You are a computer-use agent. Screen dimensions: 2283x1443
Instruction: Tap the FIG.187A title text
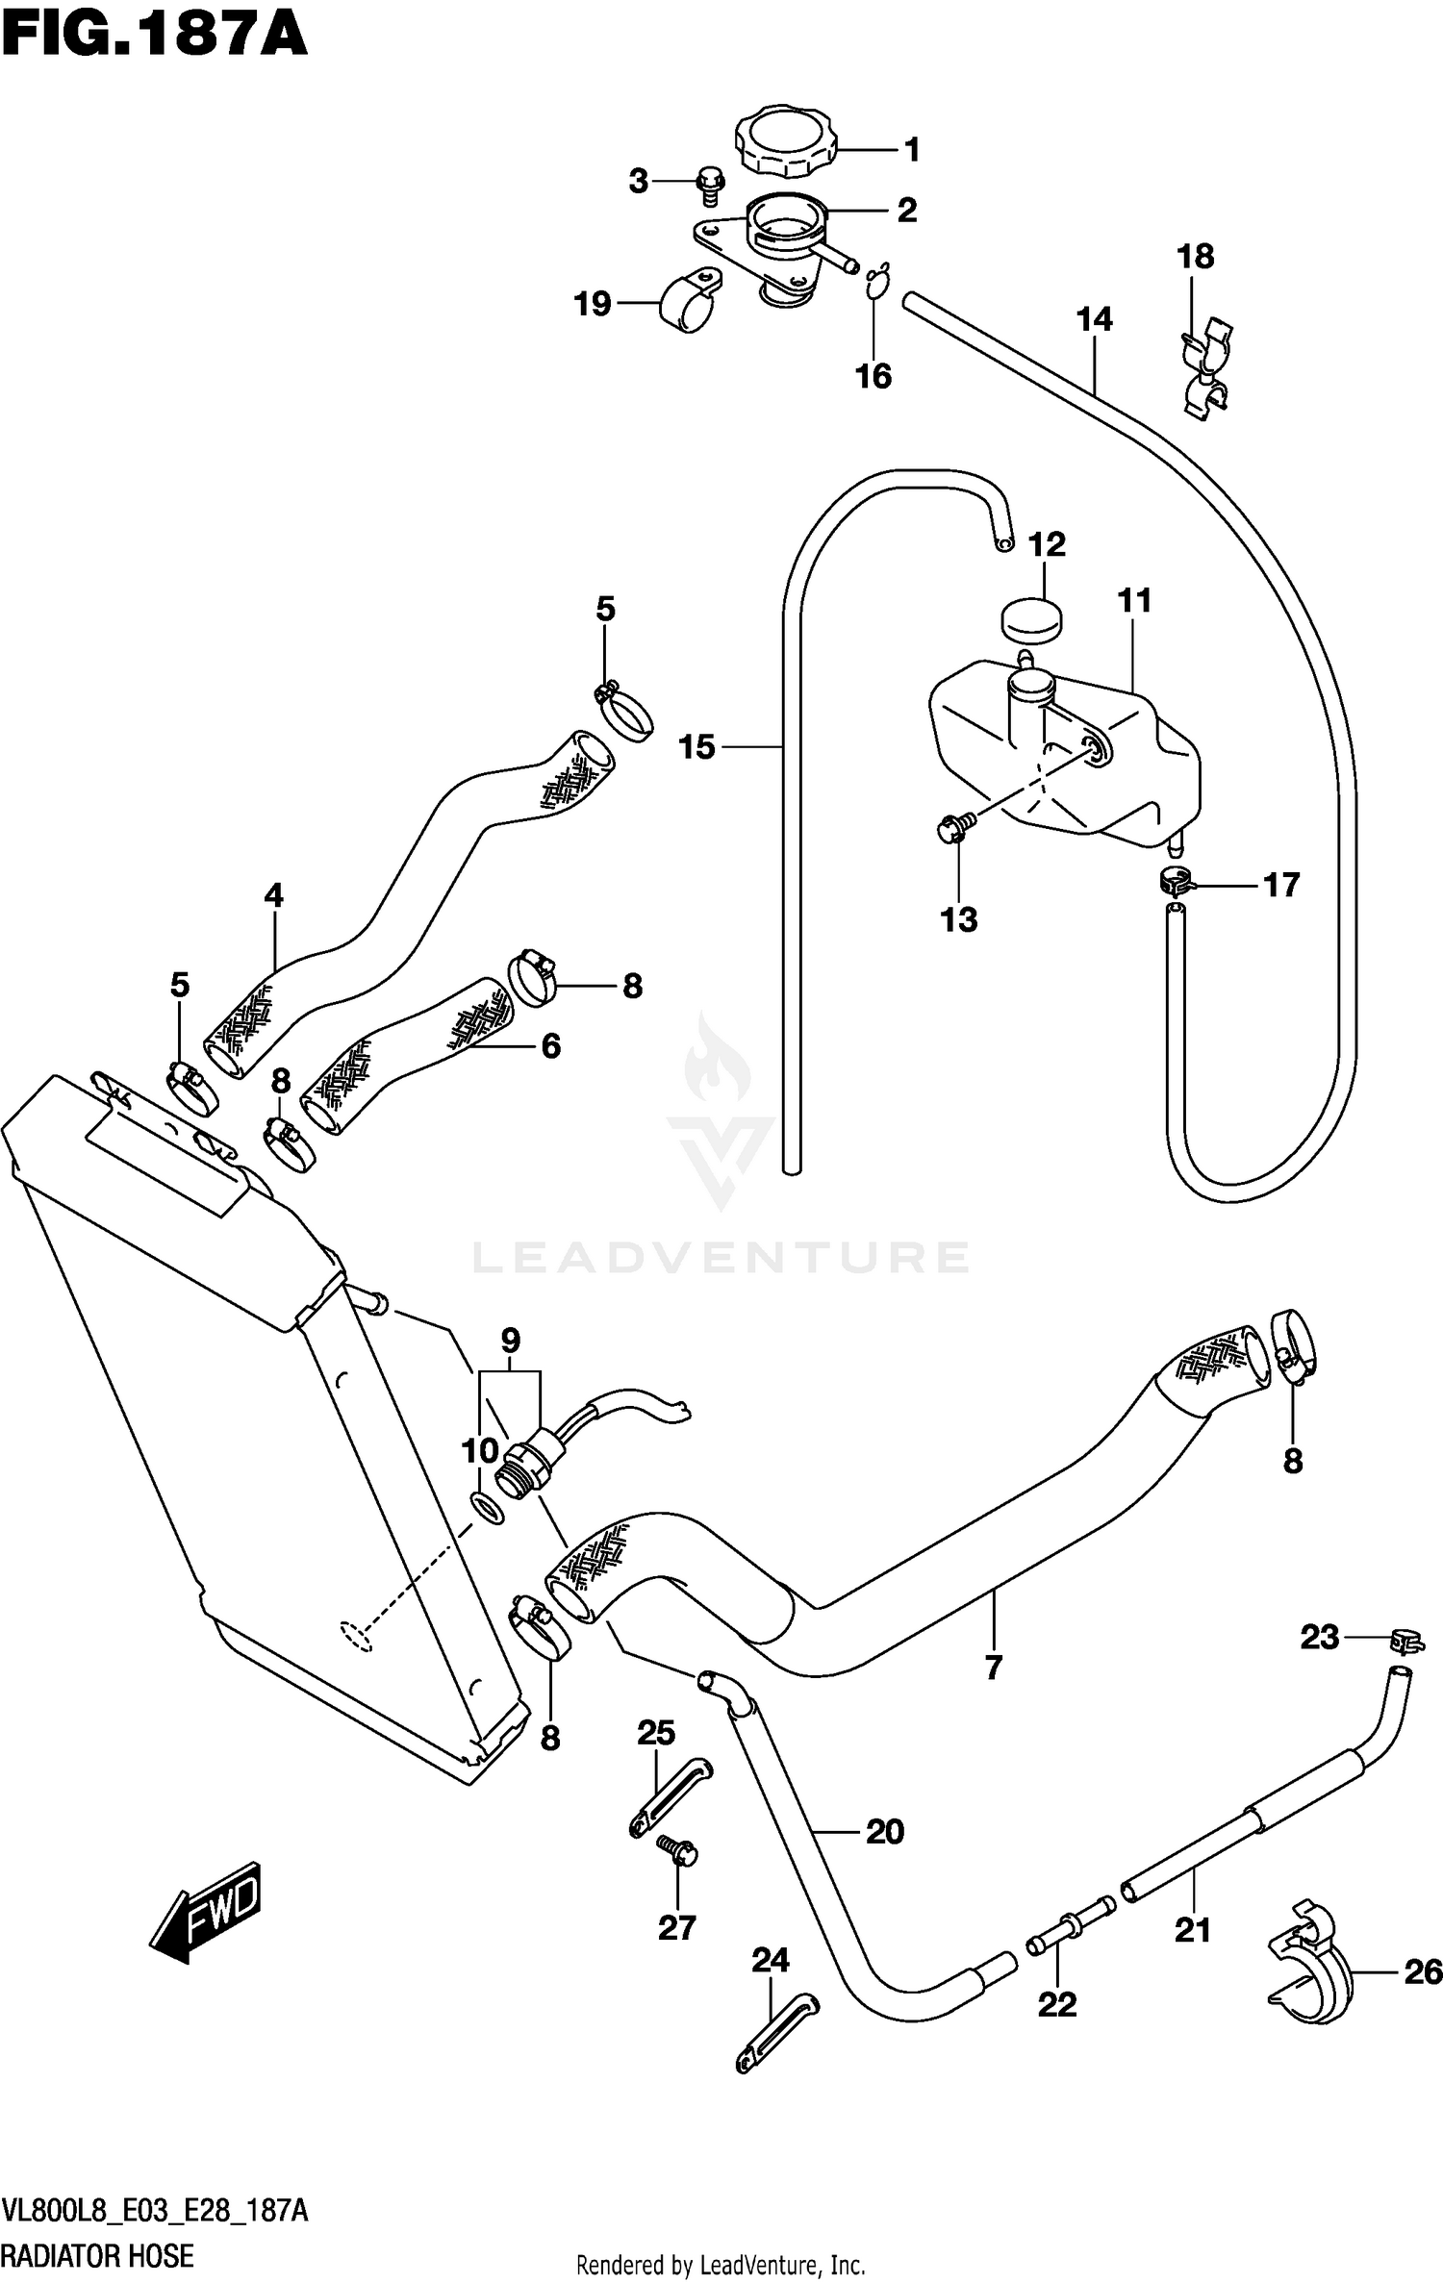point(154,37)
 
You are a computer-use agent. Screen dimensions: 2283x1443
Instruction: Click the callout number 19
point(593,304)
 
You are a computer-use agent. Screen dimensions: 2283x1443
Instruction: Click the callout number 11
point(1134,601)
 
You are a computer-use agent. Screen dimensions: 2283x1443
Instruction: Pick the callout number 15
point(697,746)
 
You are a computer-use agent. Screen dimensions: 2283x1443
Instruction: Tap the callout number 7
point(994,1667)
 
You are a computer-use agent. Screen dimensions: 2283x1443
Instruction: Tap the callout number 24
point(771,1959)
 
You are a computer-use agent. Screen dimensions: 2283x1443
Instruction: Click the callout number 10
point(480,1451)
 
